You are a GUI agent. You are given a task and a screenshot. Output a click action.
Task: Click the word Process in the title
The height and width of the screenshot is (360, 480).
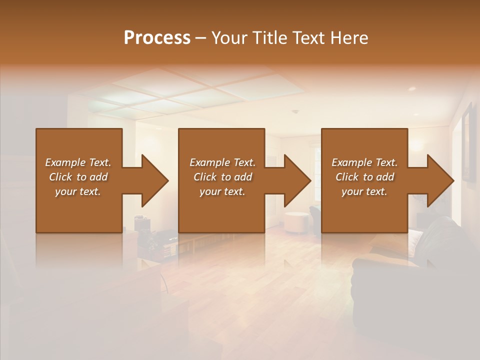click(157, 38)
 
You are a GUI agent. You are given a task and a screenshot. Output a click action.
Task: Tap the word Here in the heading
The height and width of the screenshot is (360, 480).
click(348, 38)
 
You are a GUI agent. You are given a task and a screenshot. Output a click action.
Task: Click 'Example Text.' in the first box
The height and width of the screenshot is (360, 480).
click(78, 162)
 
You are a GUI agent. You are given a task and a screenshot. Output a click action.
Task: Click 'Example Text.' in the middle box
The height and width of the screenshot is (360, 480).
click(222, 162)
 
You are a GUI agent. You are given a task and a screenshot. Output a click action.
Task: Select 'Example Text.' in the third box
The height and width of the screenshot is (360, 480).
click(364, 162)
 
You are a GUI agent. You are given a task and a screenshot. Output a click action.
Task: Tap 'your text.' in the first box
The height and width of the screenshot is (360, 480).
click(78, 191)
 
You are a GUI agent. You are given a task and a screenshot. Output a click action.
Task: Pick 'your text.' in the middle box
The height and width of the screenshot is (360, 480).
click(222, 191)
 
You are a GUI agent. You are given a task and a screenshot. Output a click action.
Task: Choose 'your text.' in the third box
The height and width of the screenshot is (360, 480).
click(364, 191)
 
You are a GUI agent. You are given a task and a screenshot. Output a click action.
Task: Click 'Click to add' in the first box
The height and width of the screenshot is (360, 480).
click(78, 177)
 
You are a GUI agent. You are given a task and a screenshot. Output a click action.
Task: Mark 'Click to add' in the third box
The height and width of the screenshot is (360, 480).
click(364, 177)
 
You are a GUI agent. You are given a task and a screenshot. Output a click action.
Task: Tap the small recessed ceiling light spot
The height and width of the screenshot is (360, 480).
click(412, 88)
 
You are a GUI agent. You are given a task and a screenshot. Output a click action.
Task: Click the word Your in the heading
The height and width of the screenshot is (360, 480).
click(229, 38)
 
